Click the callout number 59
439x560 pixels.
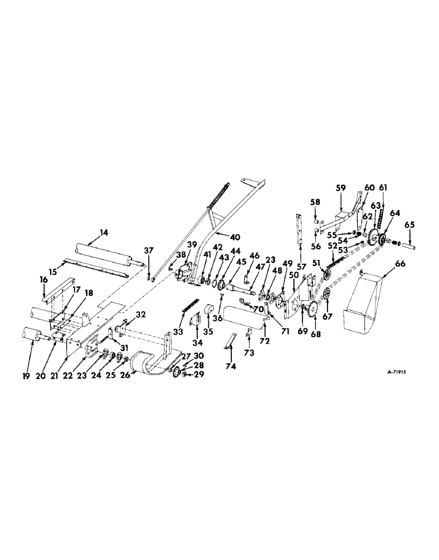340,188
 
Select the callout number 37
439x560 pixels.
148,250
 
